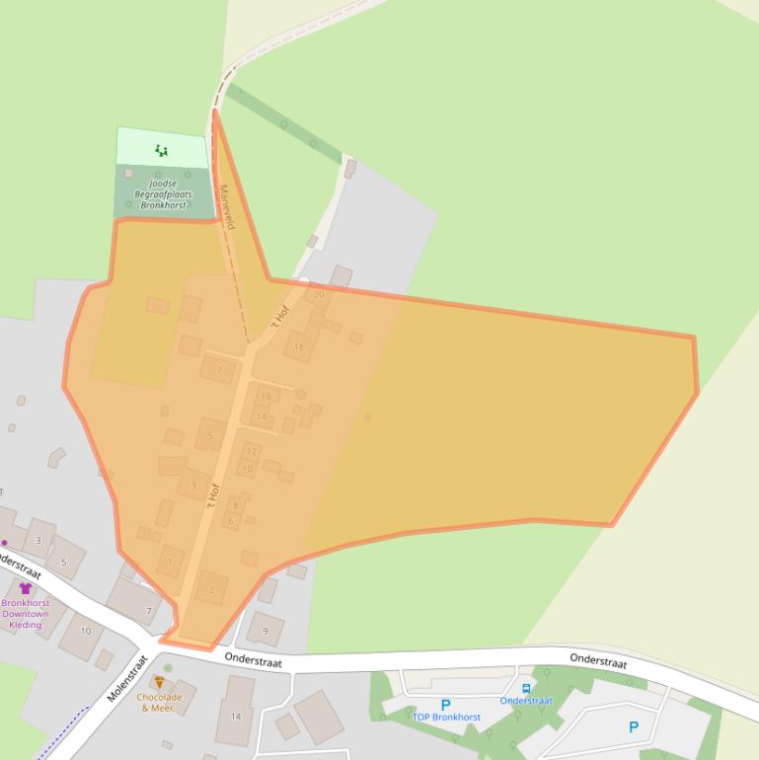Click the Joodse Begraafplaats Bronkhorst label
162,193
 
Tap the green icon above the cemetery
161,151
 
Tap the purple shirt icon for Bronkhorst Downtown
25,588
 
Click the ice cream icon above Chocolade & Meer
159,682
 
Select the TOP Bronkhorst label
446,718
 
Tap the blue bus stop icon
526,688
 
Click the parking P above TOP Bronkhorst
445,705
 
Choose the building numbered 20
318,294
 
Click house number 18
299,346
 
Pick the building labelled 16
266,397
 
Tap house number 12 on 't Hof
251,452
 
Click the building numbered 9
265,630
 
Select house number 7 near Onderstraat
149,611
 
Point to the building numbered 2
210,590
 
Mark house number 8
235,505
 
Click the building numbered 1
170,563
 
